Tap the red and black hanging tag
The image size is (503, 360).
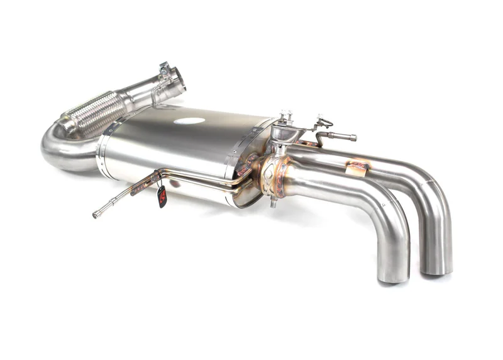162,196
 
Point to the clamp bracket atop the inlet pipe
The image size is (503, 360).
165,69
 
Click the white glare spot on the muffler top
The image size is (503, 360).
190,121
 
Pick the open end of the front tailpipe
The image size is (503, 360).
393,274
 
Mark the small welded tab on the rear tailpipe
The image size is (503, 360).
358,167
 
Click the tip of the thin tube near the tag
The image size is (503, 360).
96,215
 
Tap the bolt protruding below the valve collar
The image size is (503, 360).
273,203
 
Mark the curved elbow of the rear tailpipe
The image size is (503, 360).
431,183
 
